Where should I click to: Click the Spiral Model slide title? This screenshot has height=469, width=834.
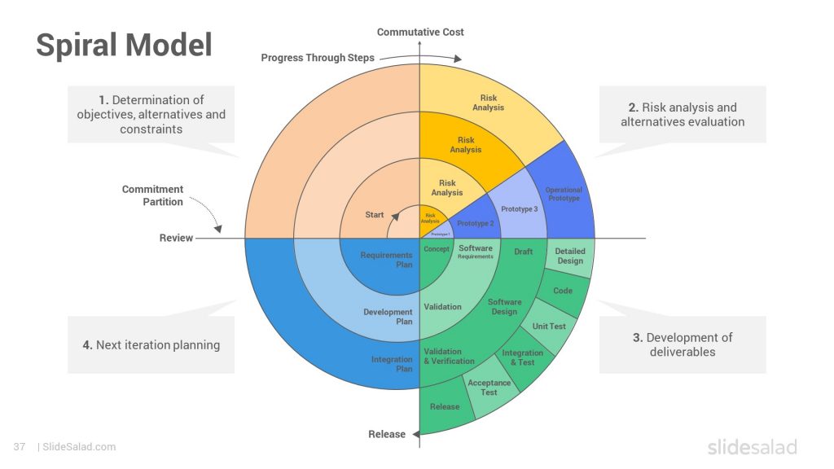[124, 45]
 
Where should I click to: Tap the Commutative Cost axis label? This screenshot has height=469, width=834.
[420, 32]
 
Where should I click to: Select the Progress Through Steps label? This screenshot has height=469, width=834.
[318, 58]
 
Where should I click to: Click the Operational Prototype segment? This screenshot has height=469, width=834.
[564, 195]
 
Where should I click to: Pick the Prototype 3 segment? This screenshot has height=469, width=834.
[519, 209]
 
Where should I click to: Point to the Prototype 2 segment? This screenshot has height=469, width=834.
[476, 223]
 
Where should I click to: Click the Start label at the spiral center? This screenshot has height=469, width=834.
[375, 215]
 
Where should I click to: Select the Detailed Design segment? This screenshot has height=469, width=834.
[570, 256]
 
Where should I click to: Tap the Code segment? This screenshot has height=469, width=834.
[563, 291]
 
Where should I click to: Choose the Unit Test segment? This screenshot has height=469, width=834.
[549, 326]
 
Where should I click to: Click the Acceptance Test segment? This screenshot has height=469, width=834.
[489, 388]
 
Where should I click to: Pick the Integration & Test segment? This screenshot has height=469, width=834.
[522, 357]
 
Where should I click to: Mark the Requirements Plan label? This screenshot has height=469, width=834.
[386, 260]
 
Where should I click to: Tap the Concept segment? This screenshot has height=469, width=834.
[437, 249]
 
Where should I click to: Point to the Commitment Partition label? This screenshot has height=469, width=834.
[152, 195]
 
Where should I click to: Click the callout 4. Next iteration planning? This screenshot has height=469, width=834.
[151, 344]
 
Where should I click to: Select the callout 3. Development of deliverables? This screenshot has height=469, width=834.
[683, 344]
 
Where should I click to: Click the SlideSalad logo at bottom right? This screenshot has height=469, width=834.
[752, 447]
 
